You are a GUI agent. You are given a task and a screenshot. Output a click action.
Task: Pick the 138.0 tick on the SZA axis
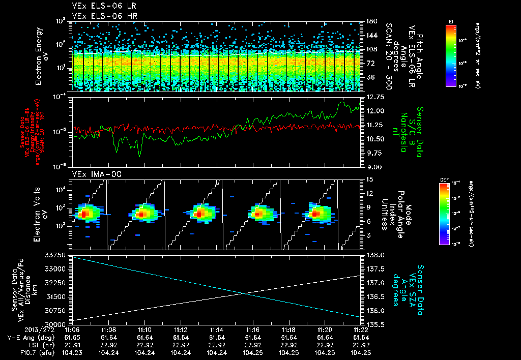coord(375,255)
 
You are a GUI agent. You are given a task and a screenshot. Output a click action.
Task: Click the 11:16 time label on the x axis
coord(253,329)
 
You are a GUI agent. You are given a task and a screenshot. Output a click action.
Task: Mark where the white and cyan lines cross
coord(245,293)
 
